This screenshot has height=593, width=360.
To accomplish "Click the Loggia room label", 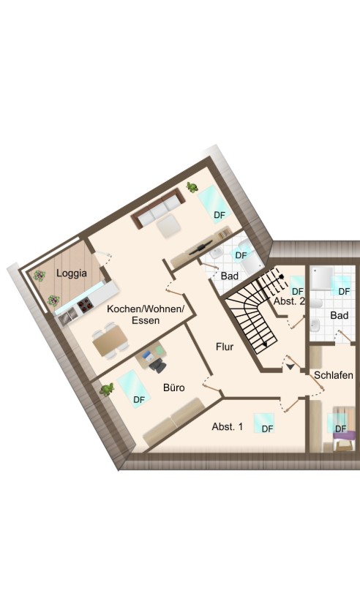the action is pyautogui.click(x=72, y=273).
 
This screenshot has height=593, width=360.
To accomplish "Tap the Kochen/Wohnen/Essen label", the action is pyautogui.click(x=146, y=314).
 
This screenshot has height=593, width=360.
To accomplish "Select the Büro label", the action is pyautogui.click(x=174, y=388).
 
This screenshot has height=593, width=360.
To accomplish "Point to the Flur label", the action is pyautogui.click(x=225, y=347).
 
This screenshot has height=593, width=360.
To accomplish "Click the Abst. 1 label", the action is pyautogui.click(x=227, y=426).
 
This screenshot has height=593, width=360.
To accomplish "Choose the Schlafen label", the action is pyautogui.click(x=334, y=375).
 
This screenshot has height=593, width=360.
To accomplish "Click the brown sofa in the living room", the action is pyautogui.click(x=156, y=208).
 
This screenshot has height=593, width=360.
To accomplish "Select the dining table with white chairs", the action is pyautogui.click(x=110, y=340).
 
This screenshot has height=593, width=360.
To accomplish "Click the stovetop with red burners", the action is pyautogui.click(x=84, y=304).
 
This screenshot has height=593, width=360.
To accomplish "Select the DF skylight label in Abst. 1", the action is pyautogui.click(x=268, y=428).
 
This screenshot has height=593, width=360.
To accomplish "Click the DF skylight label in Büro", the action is pyautogui.click(x=139, y=399).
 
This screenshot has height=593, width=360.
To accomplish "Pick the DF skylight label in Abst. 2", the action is pyautogui.click(x=298, y=291).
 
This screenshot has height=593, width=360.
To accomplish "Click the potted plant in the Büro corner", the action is pyautogui.click(x=107, y=389).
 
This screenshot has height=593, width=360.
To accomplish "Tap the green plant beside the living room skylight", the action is pyautogui.click(x=192, y=187).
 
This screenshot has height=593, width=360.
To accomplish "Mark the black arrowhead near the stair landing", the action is pyautogui.click(x=290, y=366).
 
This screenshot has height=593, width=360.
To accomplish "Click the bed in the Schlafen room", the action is pyautogui.click(x=342, y=428).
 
